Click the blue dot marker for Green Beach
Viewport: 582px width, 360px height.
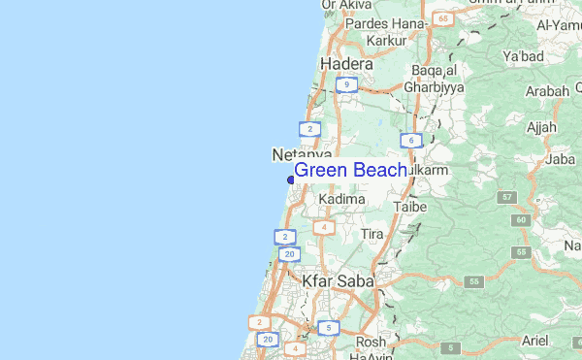click(291, 179)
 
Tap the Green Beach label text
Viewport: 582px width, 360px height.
click(350, 171)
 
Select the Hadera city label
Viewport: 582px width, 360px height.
click(346, 64)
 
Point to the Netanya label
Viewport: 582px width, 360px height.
click(302, 154)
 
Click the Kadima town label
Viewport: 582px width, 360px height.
click(342, 199)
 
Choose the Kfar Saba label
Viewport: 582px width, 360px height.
click(337, 280)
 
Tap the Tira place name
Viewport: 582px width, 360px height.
click(372, 235)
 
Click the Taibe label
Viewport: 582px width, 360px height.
click(411, 207)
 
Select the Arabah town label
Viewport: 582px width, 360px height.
click(546, 91)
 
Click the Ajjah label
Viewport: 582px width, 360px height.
click(539, 127)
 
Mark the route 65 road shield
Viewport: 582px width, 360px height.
click(443, 18)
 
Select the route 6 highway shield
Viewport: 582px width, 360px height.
click(413, 142)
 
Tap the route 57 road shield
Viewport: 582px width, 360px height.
click(507, 197)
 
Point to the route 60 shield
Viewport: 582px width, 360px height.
click(522, 220)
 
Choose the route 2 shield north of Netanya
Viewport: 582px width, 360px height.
click(309, 128)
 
